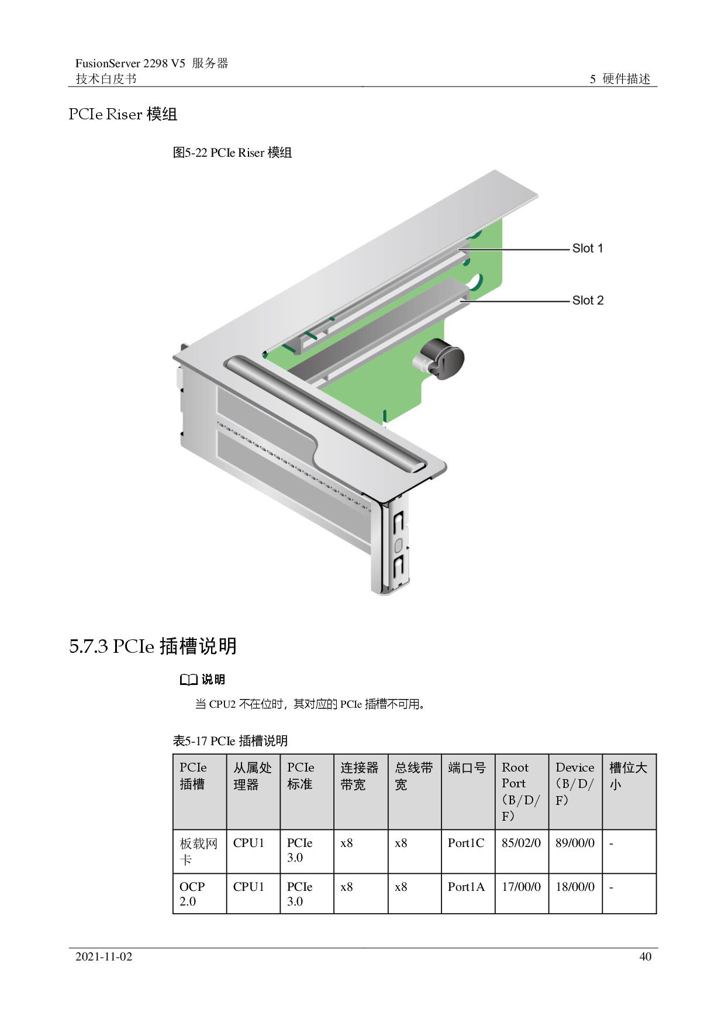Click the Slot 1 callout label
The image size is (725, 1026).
[x=588, y=248]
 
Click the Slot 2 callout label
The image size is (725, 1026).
[x=588, y=300]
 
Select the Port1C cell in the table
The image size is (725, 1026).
[x=466, y=843]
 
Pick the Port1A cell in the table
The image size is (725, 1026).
[x=466, y=887]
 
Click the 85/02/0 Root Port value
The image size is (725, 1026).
[x=521, y=843]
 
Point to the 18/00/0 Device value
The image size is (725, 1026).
[x=575, y=887]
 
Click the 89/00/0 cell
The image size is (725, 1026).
[x=575, y=843]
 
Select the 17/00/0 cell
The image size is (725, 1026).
[x=521, y=887]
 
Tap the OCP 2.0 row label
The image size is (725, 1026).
[x=192, y=894]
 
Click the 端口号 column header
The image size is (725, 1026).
[x=467, y=767]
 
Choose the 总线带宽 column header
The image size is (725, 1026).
[x=414, y=776]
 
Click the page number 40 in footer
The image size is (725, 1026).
[x=645, y=956]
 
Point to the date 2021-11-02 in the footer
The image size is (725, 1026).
[x=103, y=956]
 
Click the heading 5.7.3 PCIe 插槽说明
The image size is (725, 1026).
[x=153, y=646]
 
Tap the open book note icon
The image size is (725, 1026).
[x=188, y=680]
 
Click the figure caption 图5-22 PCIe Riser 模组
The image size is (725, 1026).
[x=232, y=153]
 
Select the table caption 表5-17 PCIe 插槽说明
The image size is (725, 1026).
[x=230, y=741]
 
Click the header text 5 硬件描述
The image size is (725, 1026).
[x=620, y=79]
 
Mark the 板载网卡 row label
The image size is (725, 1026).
[x=198, y=851]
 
